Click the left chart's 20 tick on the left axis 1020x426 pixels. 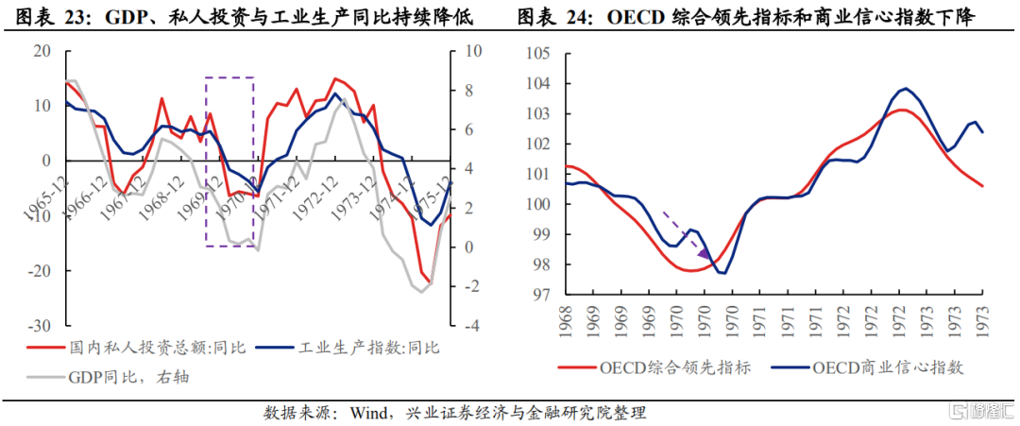(x=42, y=51)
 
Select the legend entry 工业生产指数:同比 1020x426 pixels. (x=369, y=349)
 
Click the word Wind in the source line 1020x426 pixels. (x=370, y=413)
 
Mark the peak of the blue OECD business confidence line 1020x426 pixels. (x=906, y=89)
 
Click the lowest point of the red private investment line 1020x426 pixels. (x=429, y=282)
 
